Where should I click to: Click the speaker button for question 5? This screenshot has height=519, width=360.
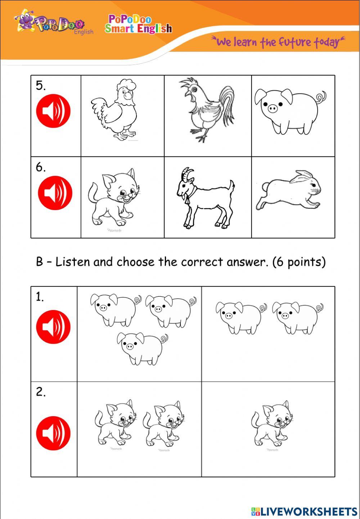[x=53, y=111]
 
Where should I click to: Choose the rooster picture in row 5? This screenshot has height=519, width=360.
[x=207, y=110]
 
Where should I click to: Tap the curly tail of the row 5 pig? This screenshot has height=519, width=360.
[x=321, y=97]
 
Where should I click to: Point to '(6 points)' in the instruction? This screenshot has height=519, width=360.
[x=299, y=262]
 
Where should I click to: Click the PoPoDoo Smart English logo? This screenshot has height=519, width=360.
[x=139, y=24]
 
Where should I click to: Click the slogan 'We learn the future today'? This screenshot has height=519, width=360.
[x=278, y=42]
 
